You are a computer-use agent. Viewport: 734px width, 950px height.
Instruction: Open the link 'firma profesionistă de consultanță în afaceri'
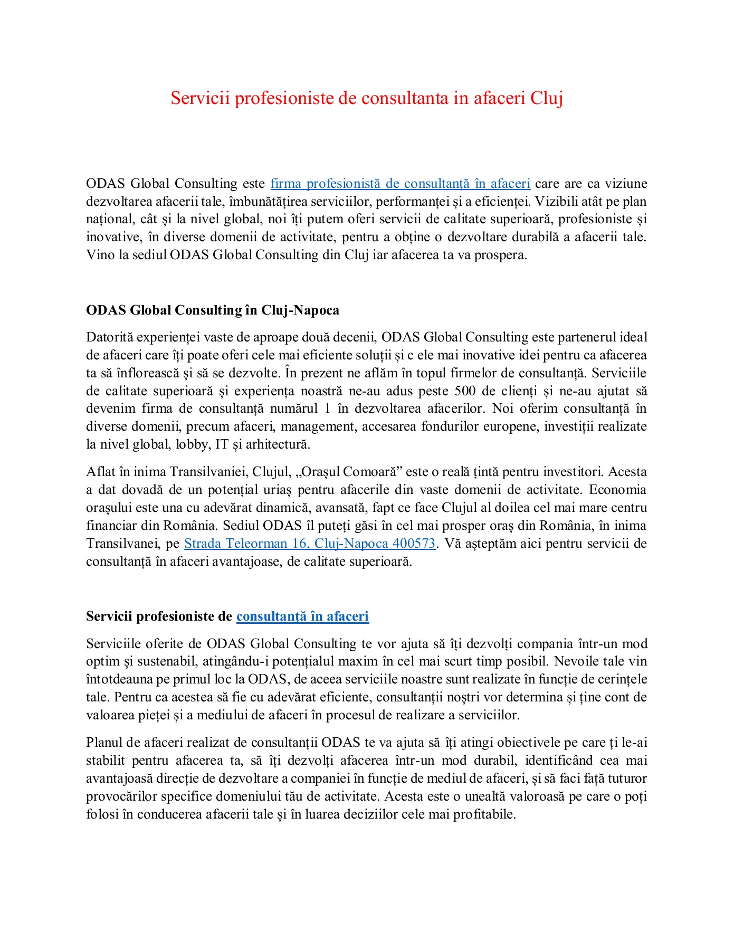400,184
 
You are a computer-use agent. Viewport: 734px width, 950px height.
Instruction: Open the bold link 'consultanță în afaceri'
302,616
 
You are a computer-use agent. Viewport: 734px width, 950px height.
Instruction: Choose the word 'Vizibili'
557,202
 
